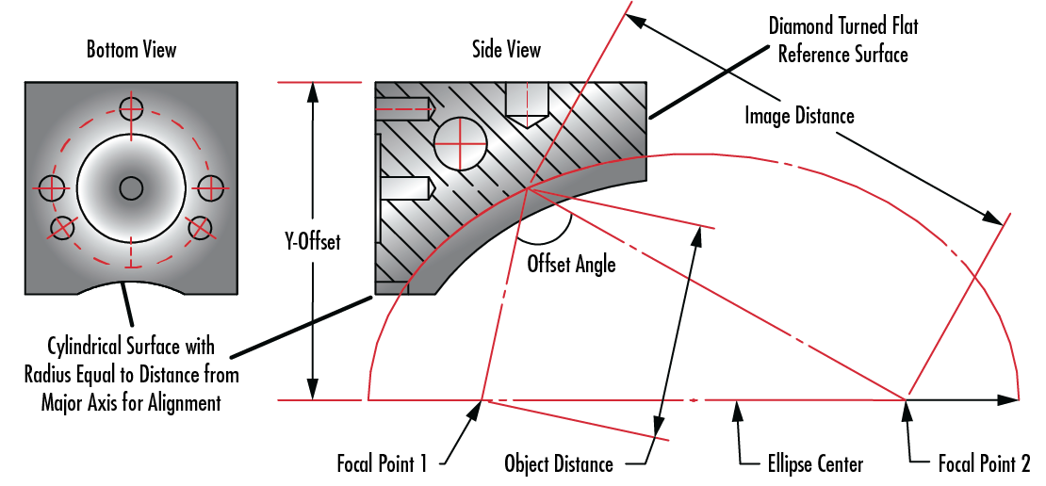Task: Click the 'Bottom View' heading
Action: pyautogui.click(x=131, y=49)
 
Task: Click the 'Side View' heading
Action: pyautogui.click(x=507, y=49)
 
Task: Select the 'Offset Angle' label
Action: pyautogui.click(x=571, y=264)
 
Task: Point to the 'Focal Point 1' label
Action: pyautogui.click(x=383, y=463)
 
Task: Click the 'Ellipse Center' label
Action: pyautogui.click(x=801, y=463)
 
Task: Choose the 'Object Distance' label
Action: pyautogui.click(x=559, y=463)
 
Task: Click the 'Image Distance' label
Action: pyautogui.click(x=799, y=116)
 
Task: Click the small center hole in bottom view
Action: pyautogui.click(x=131, y=188)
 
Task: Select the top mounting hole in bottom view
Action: pyautogui.click(x=131, y=107)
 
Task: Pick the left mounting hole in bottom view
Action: pyautogui.click(x=51, y=187)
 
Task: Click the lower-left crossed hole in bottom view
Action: pyautogui.click(x=63, y=227)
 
